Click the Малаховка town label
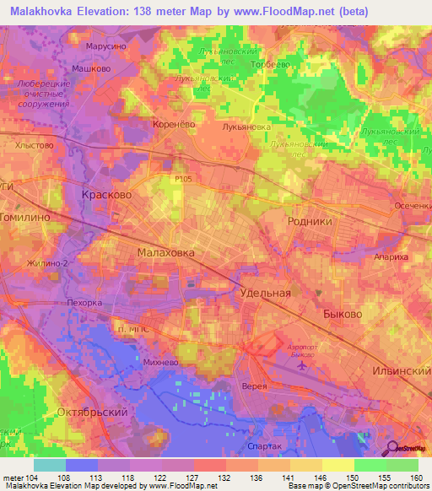165,252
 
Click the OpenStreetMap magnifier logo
391,450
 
